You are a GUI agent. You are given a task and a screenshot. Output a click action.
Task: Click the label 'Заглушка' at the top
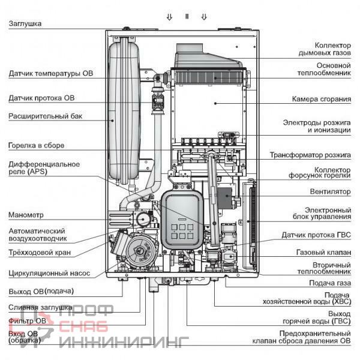25,23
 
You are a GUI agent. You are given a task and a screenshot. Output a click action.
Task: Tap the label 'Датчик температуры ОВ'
51,74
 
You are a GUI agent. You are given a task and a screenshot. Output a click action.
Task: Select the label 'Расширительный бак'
45,116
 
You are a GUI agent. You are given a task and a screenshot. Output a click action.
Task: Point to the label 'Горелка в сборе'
36,145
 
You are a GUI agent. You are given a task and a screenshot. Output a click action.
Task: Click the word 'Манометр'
26,215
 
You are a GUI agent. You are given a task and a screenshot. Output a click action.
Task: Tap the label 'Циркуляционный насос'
49,273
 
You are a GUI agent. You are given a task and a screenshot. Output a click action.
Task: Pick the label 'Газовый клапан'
324,253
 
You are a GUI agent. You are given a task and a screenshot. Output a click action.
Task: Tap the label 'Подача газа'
329,283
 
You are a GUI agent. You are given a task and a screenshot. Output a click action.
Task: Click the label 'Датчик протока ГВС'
316,235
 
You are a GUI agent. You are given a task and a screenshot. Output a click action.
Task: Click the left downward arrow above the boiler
169,17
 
